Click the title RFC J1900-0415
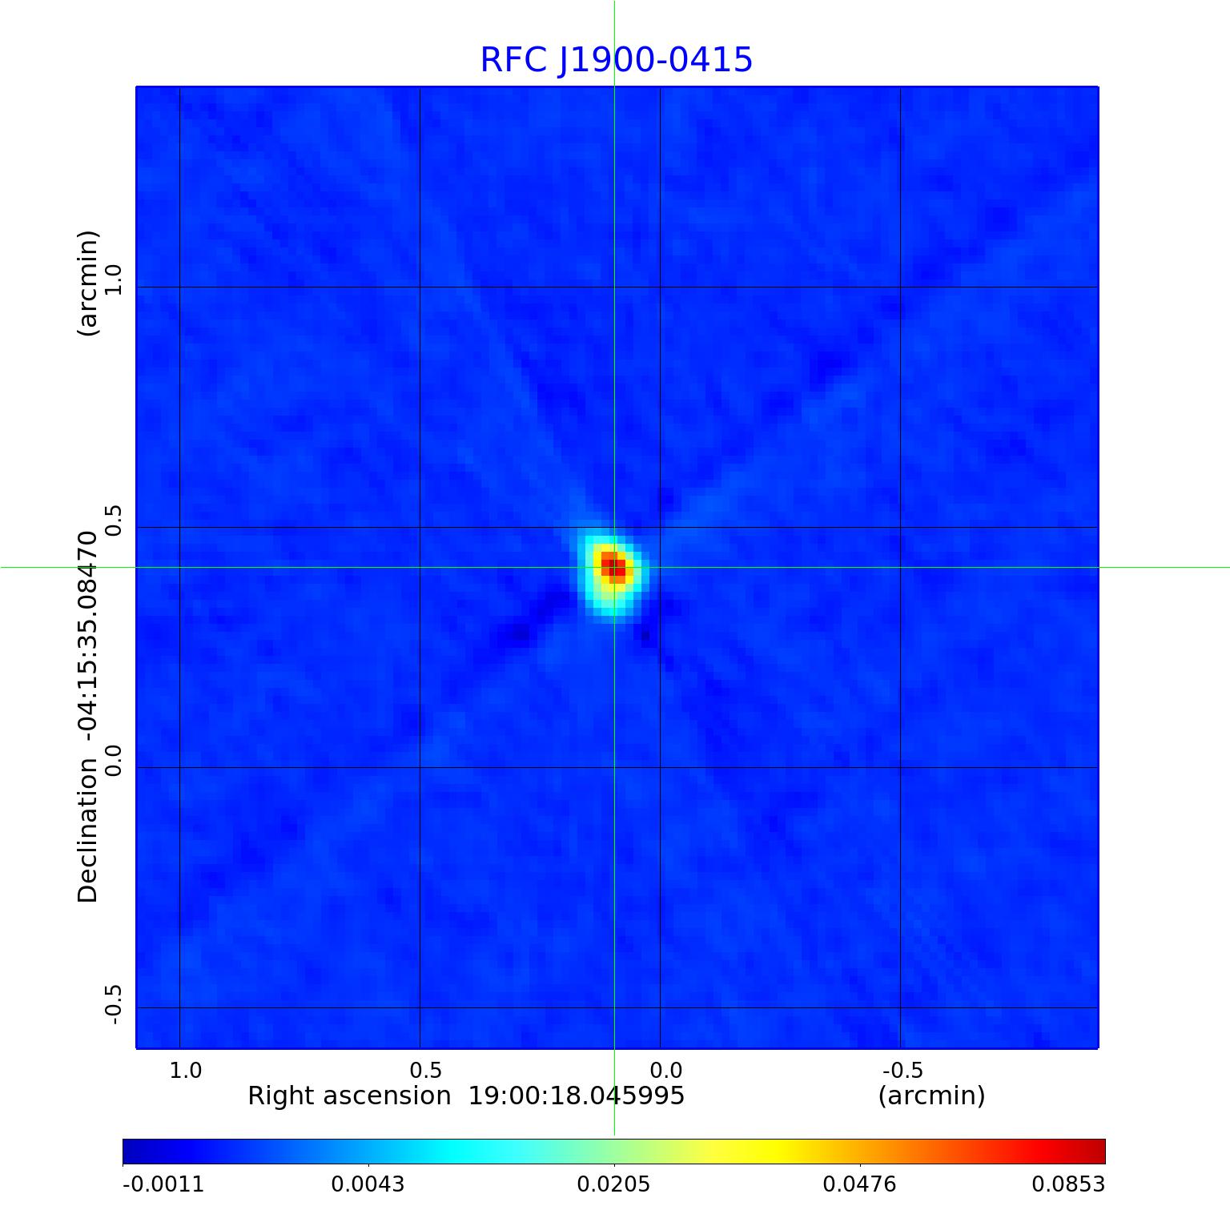pyautogui.click(x=616, y=60)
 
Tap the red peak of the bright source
pyautogui.click(x=614, y=567)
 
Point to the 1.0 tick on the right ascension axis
pyautogui.click(x=186, y=1071)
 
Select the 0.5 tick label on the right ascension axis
pyautogui.click(x=426, y=1071)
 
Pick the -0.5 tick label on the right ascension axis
pyautogui.click(x=902, y=1071)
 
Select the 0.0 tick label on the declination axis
pyautogui.click(x=113, y=761)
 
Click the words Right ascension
pyautogui.click(x=349, y=1095)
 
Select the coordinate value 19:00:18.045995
pyautogui.click(x=577, y=1095)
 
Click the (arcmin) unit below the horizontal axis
pyautogui.click(x=931, y=1095)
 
